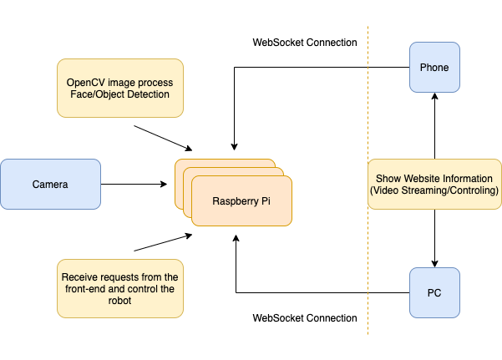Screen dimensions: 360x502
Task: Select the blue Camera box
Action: click(x=50, y=184)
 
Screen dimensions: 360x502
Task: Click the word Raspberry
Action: click(x=236, y=201)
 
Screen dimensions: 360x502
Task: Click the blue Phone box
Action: click(x=434, y=67)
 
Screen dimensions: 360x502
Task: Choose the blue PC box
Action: click(x=434, y=293)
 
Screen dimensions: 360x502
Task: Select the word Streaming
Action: click(x=424, y=191)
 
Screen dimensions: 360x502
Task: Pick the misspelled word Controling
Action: click(x=472, y=191)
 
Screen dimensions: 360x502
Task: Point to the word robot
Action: click(x=119, y=302)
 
